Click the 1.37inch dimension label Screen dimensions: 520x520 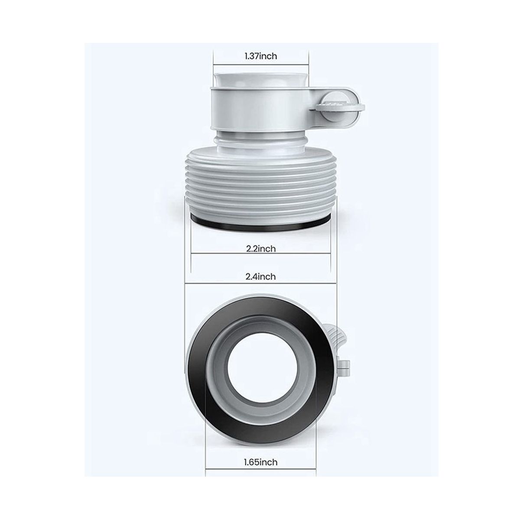point(260,56)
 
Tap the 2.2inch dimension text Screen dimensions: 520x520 point(261,249)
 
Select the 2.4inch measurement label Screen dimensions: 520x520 point(261,276)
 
